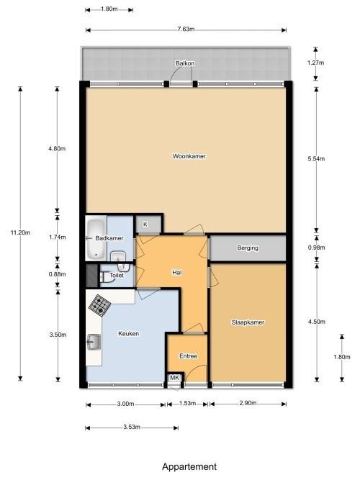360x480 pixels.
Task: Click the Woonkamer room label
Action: pos(189,156)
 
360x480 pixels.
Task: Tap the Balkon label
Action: pos(185,63)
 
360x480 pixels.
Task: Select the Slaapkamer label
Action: pos(248,322)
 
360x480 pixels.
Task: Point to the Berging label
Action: pos(248,248)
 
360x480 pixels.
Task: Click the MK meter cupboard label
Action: pos(175,378)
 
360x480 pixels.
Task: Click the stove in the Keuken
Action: pos(100,305)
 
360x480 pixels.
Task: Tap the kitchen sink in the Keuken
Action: pos(94,342)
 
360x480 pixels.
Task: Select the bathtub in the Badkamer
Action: pos(96,239)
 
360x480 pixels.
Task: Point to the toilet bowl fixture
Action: pos(105,277)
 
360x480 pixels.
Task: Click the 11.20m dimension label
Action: pos(21,232)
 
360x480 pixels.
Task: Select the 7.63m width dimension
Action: pos(186,30)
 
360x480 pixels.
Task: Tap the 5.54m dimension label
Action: pos(317,158)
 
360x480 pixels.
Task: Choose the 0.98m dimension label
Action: pos(317,248)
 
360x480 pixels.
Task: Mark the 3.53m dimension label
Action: pos(132,427)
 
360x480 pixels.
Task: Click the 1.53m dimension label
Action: pos(187,403)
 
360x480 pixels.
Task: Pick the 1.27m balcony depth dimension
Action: pos(315,63)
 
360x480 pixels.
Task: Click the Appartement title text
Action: pos(189,467)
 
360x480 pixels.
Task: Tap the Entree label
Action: pos(189,356)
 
